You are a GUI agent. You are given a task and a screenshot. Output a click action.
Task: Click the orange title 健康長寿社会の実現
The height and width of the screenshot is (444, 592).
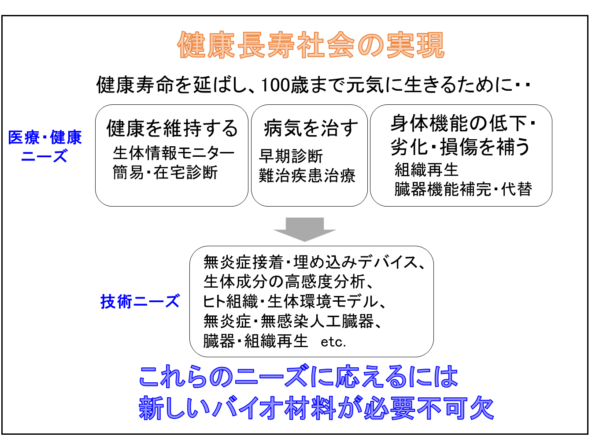click(311, 45)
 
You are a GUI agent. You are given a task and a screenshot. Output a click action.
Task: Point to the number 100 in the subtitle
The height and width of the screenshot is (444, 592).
click(275, 85)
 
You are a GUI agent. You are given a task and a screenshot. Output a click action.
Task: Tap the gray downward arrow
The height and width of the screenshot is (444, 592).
click(305, 229)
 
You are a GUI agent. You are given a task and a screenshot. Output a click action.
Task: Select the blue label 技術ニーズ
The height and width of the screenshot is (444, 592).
click(140, 301)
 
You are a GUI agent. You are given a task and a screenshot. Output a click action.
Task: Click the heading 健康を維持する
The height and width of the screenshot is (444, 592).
click(172, 128)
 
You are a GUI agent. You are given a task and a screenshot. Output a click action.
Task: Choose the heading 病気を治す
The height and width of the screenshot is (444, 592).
click(311, 128)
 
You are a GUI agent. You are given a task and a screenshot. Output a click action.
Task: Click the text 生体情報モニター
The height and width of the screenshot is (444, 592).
click(174, 153)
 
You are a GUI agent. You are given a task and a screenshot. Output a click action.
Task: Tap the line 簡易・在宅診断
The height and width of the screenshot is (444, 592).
click(165, 173)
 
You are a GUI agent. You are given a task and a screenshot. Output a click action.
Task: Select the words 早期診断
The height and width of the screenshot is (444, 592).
click(291, 156)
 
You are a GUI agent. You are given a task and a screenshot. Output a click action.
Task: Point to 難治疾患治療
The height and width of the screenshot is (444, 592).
click(307, 175)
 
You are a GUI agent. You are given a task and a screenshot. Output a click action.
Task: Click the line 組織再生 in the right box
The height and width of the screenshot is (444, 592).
click(426, 170)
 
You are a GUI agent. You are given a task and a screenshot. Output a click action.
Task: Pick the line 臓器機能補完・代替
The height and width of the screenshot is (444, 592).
click(463, 189)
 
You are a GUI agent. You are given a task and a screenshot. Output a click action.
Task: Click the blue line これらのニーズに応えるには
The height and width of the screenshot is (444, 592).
click(299, 376)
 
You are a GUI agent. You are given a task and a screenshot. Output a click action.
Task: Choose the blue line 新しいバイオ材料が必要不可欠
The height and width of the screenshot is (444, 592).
click(316, 408)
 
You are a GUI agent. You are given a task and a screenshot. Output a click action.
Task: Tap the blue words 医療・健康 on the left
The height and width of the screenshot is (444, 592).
click(45, 137)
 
